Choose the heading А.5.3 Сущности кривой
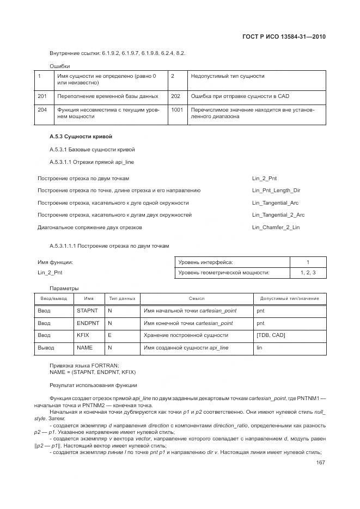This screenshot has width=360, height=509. tap(81, 136)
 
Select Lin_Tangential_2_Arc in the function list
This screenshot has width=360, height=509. tap(278, 215)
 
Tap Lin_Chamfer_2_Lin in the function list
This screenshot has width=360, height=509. tap(276, 228)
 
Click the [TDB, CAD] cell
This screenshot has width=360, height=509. tap(271, 335)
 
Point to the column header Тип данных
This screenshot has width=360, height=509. tap(122, 298)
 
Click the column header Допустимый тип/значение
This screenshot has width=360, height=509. tap(289, 298)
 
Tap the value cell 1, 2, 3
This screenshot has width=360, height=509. tap(308, 272)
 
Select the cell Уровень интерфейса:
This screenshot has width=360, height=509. tap(205, 262)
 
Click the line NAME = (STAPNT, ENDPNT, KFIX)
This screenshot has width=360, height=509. tap(93, 372)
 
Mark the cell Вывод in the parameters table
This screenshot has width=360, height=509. tap(46, 347)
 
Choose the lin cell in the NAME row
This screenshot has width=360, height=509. tap(260, 347)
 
